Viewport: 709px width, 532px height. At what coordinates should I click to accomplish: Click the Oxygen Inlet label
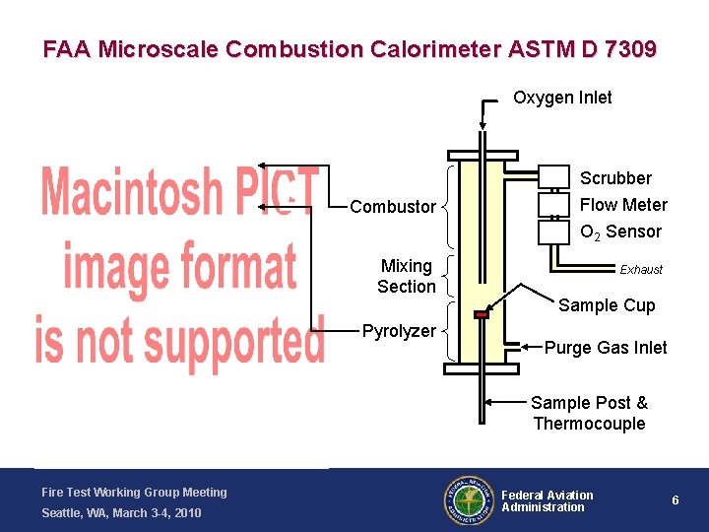tap(562, 98)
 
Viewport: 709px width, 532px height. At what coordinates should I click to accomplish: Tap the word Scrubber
tap(615, 178)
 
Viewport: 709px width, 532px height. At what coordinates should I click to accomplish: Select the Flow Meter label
tap(623, 205)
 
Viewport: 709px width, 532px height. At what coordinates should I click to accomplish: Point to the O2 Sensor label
tap(620, 232)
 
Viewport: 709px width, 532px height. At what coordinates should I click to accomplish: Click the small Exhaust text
tap(641, 270)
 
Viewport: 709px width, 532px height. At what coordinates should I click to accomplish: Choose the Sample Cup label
tap(607, 305)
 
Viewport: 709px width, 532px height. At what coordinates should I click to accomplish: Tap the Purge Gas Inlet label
tap(606, 348)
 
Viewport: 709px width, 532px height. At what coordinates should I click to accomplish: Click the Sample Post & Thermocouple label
tap(589, 413)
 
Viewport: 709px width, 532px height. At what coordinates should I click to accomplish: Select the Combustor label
tap(393, 207)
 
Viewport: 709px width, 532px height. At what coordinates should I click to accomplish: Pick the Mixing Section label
tap(407, 277)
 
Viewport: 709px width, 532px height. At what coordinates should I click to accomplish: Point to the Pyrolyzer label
tap(399, 331)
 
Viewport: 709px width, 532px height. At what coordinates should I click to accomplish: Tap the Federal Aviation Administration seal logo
tap(468, 500)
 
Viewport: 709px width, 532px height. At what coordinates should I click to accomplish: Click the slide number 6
tap(676, 500)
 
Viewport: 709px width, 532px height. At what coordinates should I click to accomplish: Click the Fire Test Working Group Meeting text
tap(134, 493)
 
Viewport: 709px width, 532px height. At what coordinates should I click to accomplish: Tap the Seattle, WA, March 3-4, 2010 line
tap(121, 513)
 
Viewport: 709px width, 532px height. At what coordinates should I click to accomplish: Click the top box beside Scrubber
tap(554, 176)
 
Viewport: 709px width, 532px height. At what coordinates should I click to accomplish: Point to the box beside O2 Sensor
tap(554, 232)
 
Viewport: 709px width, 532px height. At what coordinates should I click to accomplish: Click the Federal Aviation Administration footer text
tap(548, 500)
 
